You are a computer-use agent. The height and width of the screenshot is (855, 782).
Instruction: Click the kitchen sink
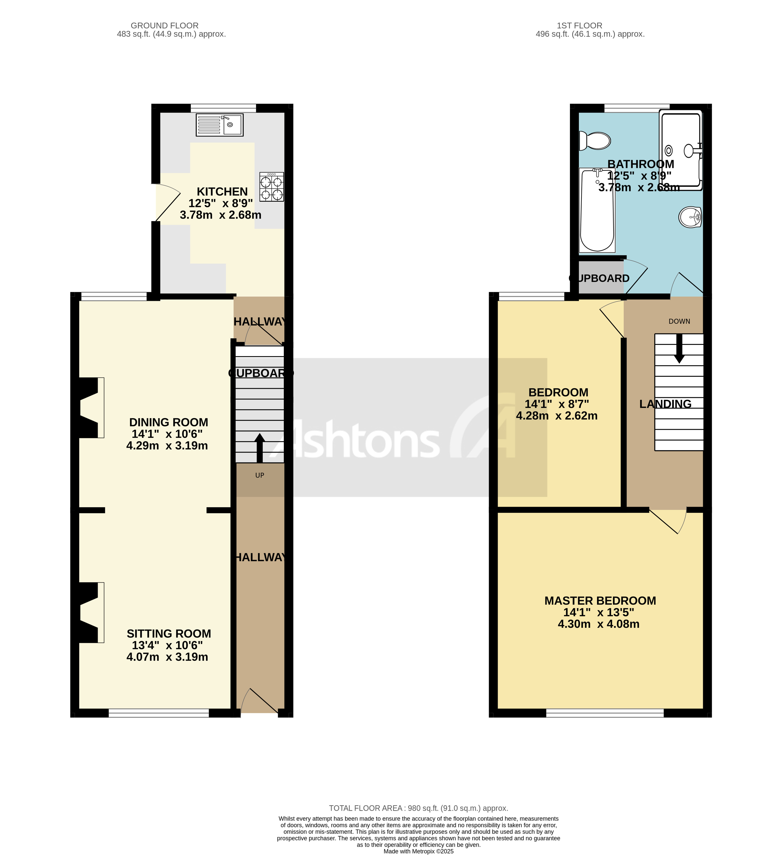point(219,125)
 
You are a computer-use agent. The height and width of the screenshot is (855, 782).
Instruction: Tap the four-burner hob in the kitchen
point(271,187)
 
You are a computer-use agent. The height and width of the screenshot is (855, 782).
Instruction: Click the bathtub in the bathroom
point(597,210)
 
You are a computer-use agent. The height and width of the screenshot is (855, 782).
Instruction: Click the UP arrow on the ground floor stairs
point(259,447)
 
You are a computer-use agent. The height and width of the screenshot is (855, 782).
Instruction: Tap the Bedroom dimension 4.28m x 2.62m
point(557,416)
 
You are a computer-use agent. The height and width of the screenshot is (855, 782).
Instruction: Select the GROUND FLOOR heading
point(164,25)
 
